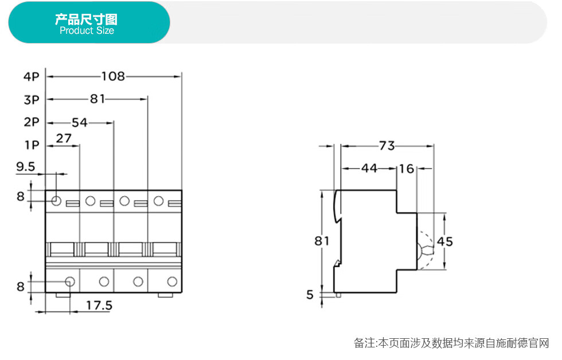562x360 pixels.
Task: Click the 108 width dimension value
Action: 113,76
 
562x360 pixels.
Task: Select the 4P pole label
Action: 32,76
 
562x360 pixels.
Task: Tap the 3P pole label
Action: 32,100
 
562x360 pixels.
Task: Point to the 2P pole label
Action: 32,122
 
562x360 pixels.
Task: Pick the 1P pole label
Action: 32,145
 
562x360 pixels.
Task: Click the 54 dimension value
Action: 80,122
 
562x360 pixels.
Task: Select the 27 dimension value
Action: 64,138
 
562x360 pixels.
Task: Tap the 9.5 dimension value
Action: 26,167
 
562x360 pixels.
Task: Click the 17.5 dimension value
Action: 99,306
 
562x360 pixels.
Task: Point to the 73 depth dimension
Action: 387,146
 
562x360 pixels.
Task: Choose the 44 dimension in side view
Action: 369,169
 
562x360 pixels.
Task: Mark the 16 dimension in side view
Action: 407,169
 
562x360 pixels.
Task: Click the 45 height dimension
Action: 445,241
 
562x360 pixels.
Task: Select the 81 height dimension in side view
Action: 322,241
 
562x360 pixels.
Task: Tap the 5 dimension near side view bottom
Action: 310,295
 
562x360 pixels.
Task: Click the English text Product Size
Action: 87,31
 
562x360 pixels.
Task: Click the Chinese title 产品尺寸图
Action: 86,19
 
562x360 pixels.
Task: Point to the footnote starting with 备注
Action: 451,343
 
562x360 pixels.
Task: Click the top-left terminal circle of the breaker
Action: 56,201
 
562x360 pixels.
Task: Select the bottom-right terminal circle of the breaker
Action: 171,281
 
